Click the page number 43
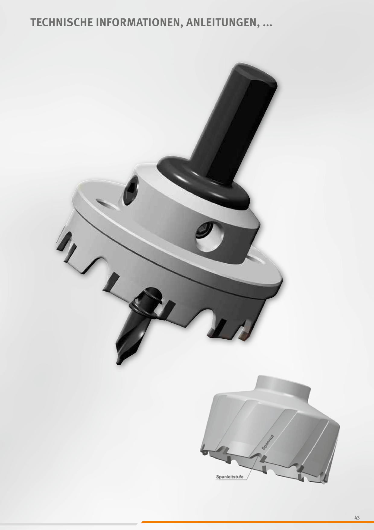(x=357, y=518)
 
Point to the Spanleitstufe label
(x=230, y=477)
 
